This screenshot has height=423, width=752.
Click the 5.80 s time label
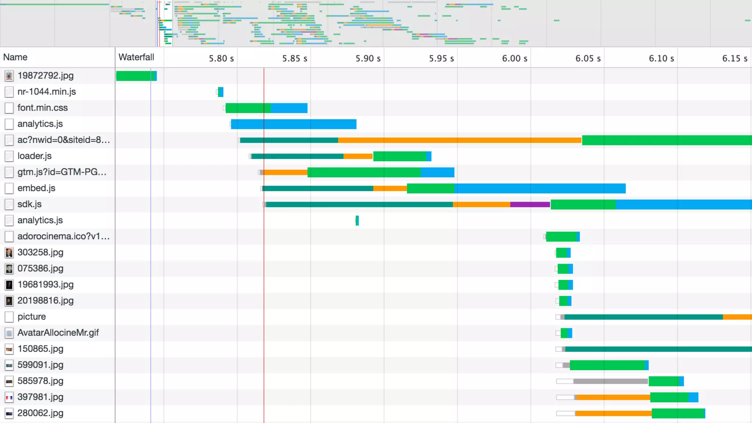click(221, 58)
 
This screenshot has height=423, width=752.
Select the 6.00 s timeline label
click(514, 58)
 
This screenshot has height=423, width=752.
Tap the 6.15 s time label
click(734, 58)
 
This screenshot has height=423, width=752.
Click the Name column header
click(15, 57)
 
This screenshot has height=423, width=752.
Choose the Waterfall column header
click(136, 57)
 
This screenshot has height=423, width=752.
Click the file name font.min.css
click(43, 108)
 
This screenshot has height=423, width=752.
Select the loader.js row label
click(35, 156)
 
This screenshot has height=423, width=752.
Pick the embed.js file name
click(36, 188)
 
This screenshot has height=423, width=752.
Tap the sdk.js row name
click(29, 204)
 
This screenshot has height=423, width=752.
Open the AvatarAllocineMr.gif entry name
click(58, 333)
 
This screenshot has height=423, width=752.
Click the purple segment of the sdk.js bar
click(530, 205)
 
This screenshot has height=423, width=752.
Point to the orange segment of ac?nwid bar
click(459, 140)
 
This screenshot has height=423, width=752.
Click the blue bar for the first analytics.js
click(293, 124)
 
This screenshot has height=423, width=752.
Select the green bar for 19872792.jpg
click(135, 76)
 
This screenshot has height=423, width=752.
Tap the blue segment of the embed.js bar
click(540, 188)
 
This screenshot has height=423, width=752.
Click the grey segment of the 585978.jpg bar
click(610, 381)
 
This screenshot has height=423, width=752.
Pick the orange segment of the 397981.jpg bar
click(613, 397)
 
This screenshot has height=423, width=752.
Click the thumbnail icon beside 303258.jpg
click(9, 253)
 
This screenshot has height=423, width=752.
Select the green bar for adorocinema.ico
click(561, 237)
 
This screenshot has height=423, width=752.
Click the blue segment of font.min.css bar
click(289, 108)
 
